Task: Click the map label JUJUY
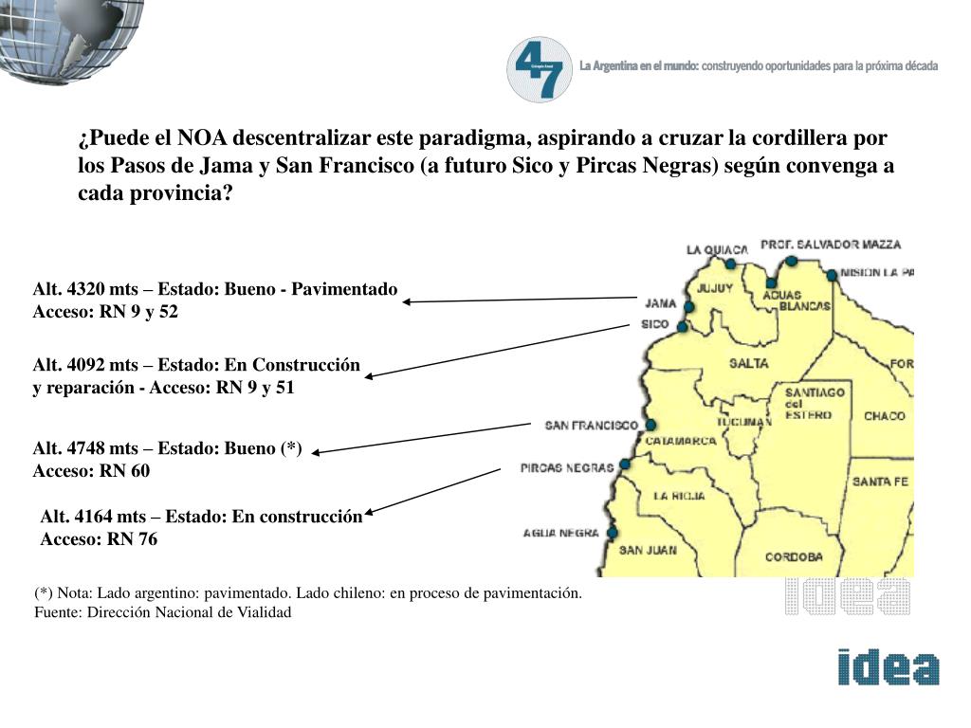pos(716,287)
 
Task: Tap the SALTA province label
pos(748,363)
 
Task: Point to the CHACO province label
pos(884,416)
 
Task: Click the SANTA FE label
pos(880,482)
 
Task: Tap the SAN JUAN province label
pos(648,550)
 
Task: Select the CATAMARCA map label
pos(680,441)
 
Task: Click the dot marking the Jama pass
pos(689,307)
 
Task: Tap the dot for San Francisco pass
pos(650,426)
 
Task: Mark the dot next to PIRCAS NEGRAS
pos(624,464)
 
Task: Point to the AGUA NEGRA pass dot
pos(613,533)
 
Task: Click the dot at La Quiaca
pos(730,264)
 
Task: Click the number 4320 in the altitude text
pos(78,289)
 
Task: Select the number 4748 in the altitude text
pos(78,448)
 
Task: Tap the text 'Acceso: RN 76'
pos(99,539)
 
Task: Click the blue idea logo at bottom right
pos(888,667)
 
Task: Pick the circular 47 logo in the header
pos(540,69)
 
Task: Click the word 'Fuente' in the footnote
pos(58,612)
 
